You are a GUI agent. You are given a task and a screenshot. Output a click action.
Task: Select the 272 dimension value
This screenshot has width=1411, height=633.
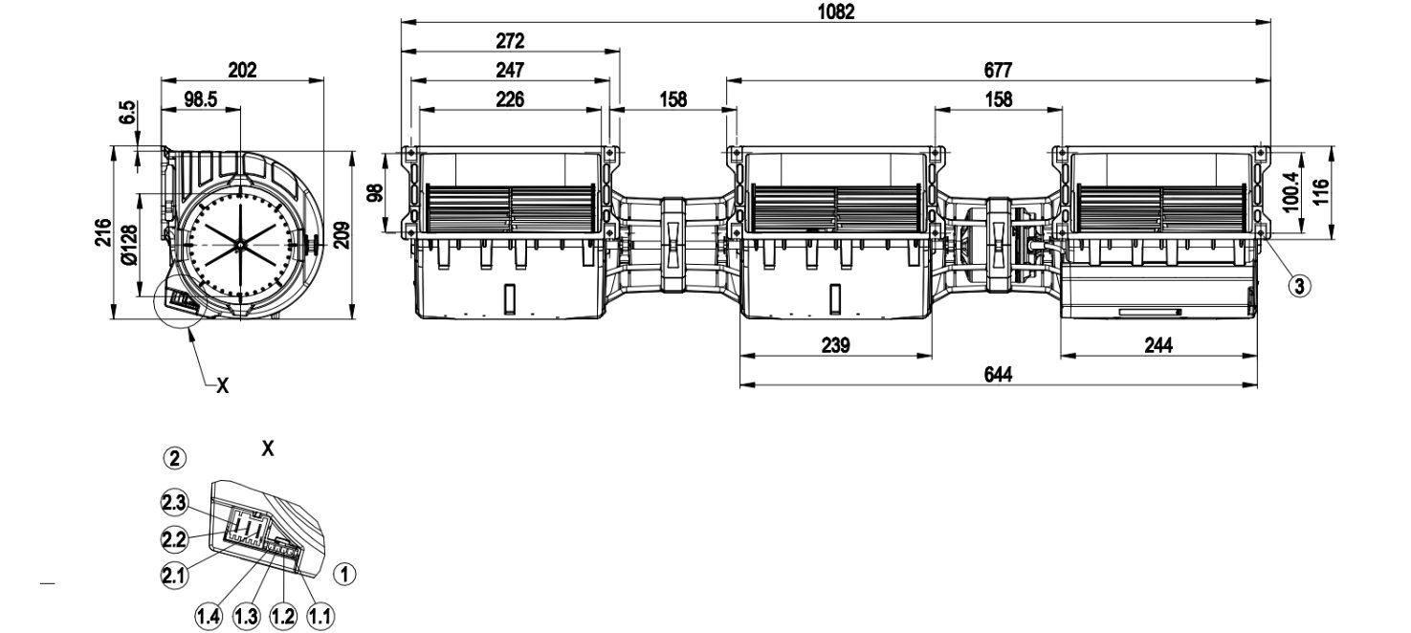click(511, 41)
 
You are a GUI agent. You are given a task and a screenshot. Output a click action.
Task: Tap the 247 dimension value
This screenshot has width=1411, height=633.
click(511, 70)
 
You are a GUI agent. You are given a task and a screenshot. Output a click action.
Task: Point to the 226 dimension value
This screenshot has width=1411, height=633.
click(510, 99)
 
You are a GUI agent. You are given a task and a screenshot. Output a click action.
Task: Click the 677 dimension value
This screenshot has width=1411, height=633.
click(997, 70)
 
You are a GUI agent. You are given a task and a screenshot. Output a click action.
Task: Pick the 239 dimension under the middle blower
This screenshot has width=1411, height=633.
click(835, 345)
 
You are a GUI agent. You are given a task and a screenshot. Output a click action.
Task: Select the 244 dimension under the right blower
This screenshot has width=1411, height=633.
click(1158, 345)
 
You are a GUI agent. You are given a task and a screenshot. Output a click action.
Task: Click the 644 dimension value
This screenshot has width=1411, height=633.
click(997, 374)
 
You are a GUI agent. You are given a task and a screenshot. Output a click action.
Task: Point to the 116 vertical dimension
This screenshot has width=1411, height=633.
click(1321, 192)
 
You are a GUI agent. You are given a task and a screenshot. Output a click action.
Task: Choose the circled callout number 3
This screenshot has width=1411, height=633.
click(1298, 284)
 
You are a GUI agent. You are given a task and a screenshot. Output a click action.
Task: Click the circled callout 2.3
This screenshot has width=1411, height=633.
click(173, 503)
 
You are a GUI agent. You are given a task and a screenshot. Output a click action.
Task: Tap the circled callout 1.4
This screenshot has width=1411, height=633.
click(206, 617)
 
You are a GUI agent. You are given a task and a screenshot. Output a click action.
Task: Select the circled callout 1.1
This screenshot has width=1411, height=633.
click(320, 617)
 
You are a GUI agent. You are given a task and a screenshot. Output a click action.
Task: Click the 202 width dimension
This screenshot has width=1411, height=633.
click(242, 70)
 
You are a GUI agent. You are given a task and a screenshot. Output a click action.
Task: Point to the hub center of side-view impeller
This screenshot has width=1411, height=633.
click(239, 246)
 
